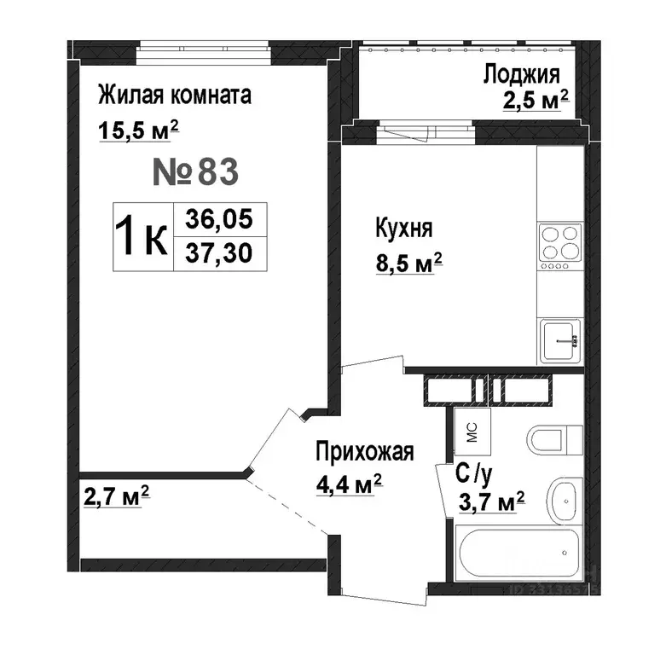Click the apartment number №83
point(195,172)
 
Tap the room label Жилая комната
point(175,96)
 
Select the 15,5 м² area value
point(138,130)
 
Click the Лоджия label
point(521,75)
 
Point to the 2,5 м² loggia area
point(536,101)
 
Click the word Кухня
point(404,229)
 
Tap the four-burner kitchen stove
point(560,247)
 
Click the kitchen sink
point(560,340)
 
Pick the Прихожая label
point(364,452)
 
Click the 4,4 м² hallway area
point(349,484)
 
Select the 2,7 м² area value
point(116,496)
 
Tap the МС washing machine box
point(472,432)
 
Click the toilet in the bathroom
point(555,439)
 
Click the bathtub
point(518,553)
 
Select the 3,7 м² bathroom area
point(491,502)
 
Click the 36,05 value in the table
point(219,219)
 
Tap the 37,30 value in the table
point(219,253)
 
